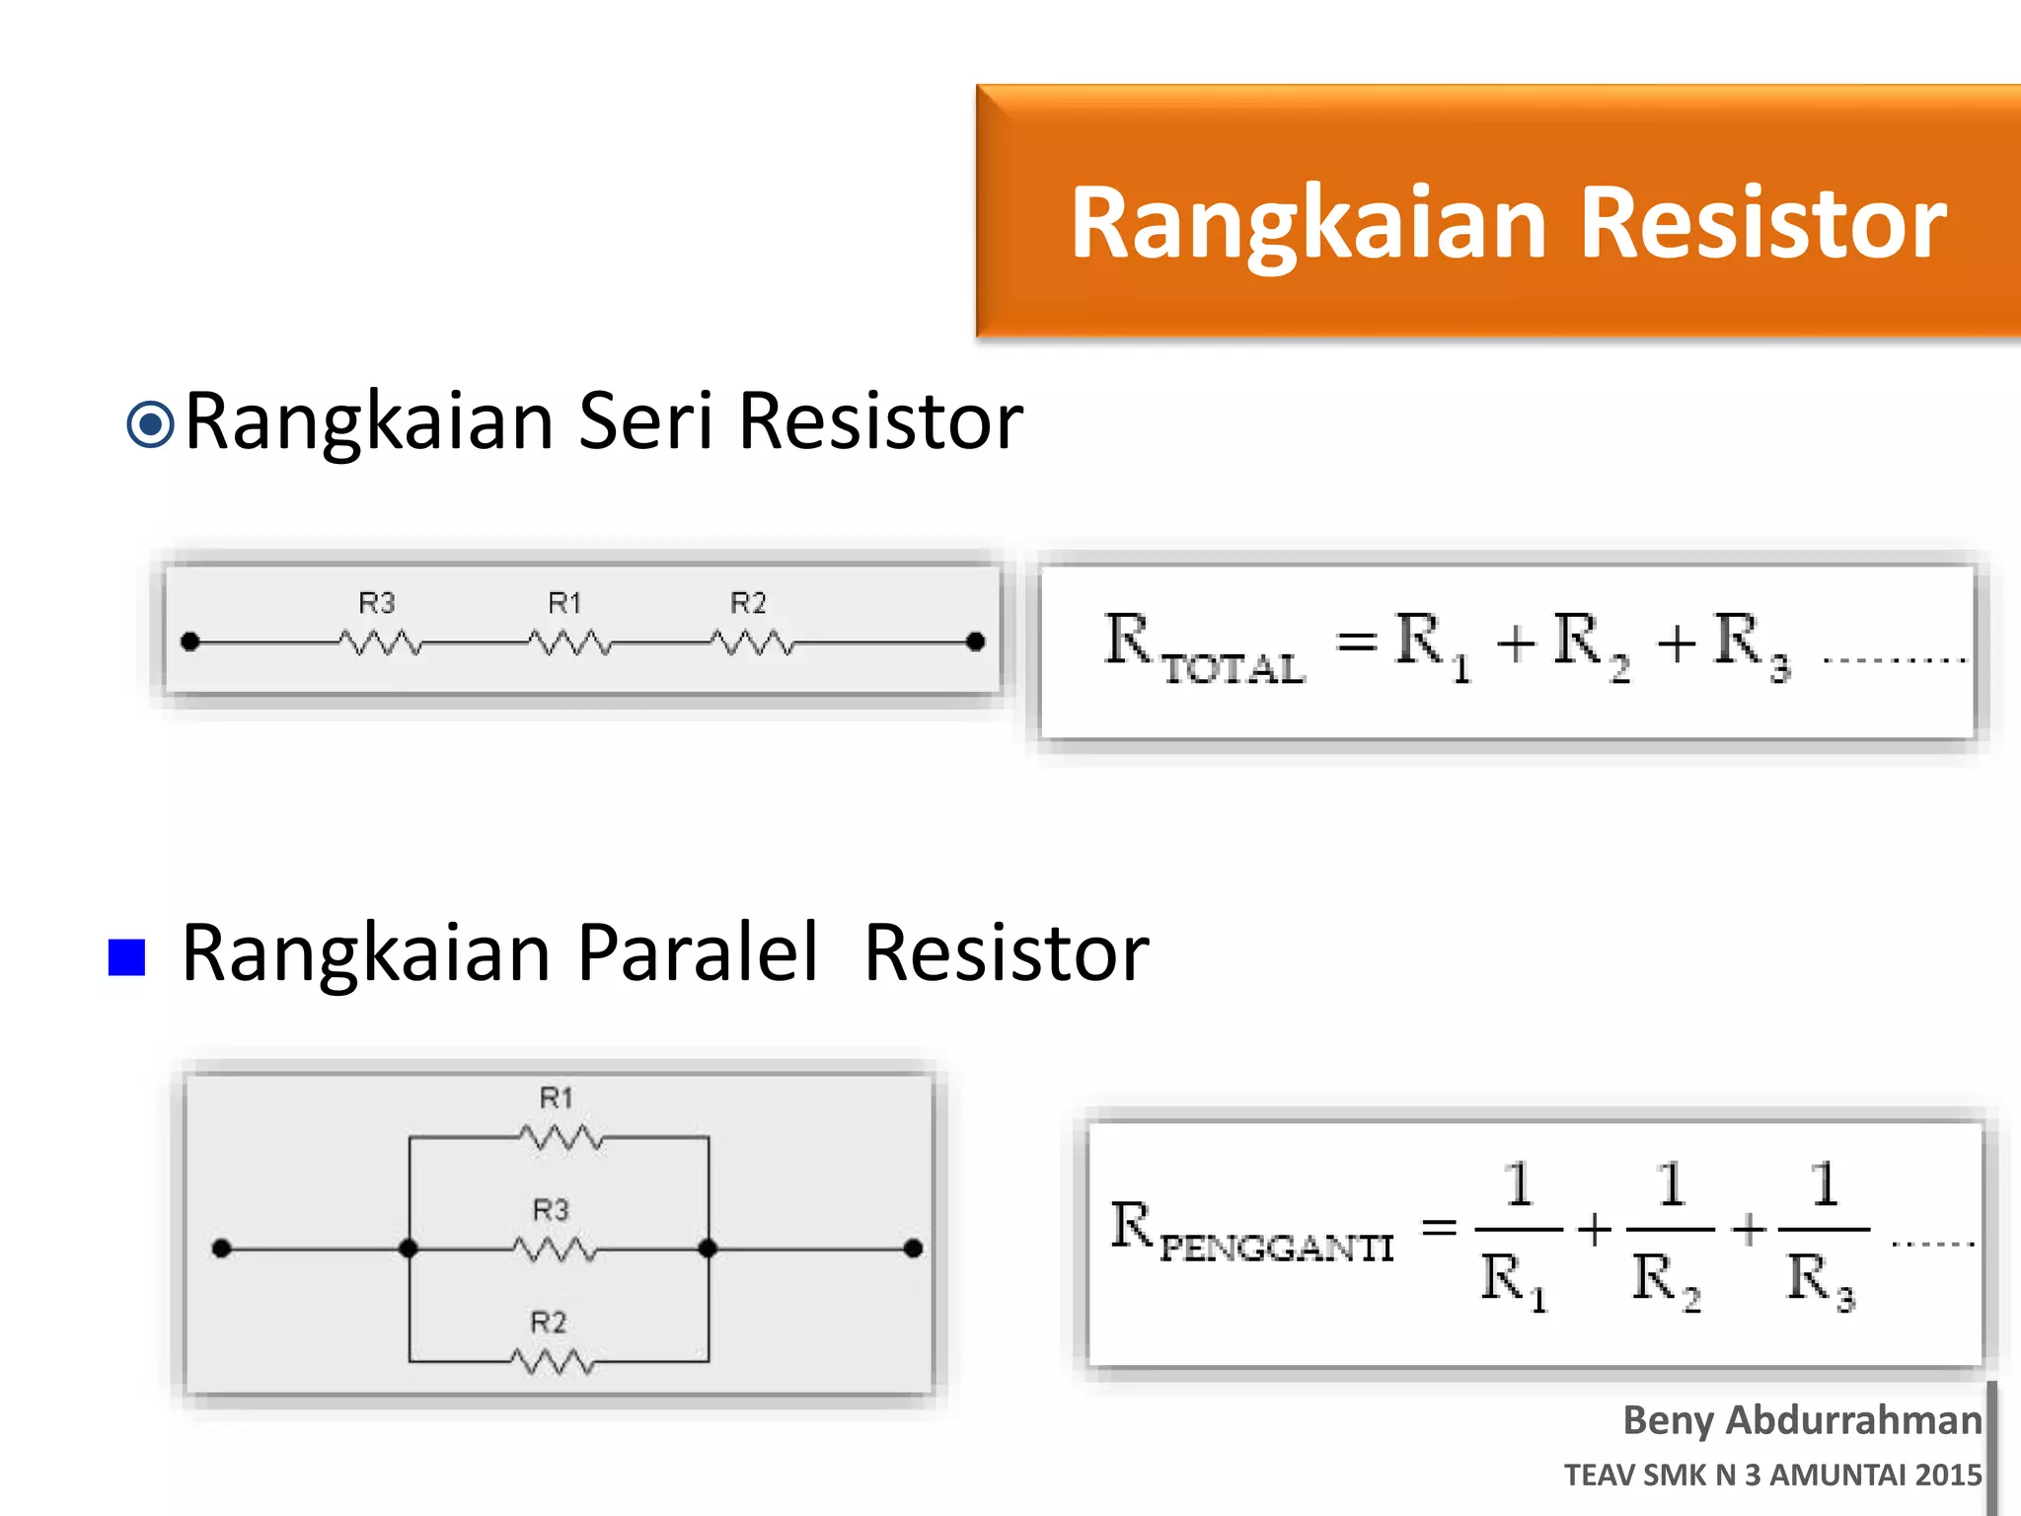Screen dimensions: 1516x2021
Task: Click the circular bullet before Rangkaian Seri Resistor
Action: tap(151, 425)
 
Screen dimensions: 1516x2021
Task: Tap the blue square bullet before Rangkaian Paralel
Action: tap(127, 956)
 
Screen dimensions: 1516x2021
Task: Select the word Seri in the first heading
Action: tap(645, 422)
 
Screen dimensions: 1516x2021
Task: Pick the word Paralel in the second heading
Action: tap(698, 953)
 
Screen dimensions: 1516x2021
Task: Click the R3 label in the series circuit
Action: tap(376, 603)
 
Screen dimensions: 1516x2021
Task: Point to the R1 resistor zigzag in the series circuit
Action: tap(569, 644)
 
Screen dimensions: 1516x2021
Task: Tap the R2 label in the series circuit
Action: tap(748, 603)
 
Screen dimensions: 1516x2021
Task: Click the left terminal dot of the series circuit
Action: tap(191, 643)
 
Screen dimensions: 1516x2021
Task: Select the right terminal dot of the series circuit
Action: tap(975, 643)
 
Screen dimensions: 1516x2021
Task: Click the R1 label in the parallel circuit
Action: tap(557, 1098)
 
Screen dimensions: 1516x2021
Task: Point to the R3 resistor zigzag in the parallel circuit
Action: tap(555, 1250)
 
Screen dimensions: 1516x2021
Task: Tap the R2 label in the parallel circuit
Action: tap(549, 1323)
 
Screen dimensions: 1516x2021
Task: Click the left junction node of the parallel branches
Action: tap(409, 1249)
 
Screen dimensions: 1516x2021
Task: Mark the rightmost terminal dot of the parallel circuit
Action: tap(914, 1249)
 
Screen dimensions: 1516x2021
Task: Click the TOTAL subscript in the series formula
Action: tap(1234, 670)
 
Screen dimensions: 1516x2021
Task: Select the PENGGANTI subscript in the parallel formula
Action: tap(1277, 1249)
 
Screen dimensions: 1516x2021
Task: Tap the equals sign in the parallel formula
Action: tap(1439, 1228)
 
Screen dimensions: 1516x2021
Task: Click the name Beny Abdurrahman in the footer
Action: tap(1802, 1420)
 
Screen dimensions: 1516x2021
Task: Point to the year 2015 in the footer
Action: tap(1948, 1475)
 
